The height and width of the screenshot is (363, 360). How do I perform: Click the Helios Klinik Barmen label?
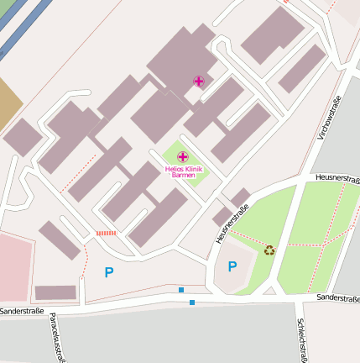pyautogui.click(x=182, y=171)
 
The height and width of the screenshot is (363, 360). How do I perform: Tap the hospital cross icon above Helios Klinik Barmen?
pyautogui.click(x=182, y=156)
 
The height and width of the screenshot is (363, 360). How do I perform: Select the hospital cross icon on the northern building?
pyautogui.click(x=198, y=82)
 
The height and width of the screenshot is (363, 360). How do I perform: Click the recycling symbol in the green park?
pyautogui.click(x=269, y=249)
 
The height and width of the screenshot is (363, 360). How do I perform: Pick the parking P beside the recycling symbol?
pyautogui.click(x=232, y=266)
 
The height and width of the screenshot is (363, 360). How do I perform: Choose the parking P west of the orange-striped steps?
pyautogui.click(x=108, y=271)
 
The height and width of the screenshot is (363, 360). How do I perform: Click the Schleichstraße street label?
pyautogui.click(x=300, y=339)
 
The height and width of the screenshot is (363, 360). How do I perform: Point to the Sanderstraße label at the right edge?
pyautogui.click(x=338, y=298)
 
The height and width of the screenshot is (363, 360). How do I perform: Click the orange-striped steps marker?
pyautogui.click(x=106, y=233)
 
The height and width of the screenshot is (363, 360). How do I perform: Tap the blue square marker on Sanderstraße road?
pyautogui.click(x=192, y=302)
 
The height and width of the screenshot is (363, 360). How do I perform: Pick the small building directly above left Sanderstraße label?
pyautogui.click(x=56, y=292)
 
